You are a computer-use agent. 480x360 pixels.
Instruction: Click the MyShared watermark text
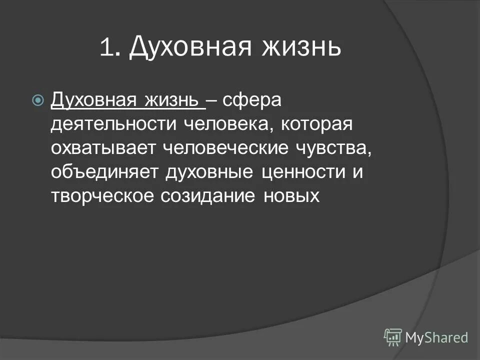(x=436, y=338)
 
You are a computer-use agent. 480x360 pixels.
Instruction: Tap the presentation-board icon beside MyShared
(x=393, y=337)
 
